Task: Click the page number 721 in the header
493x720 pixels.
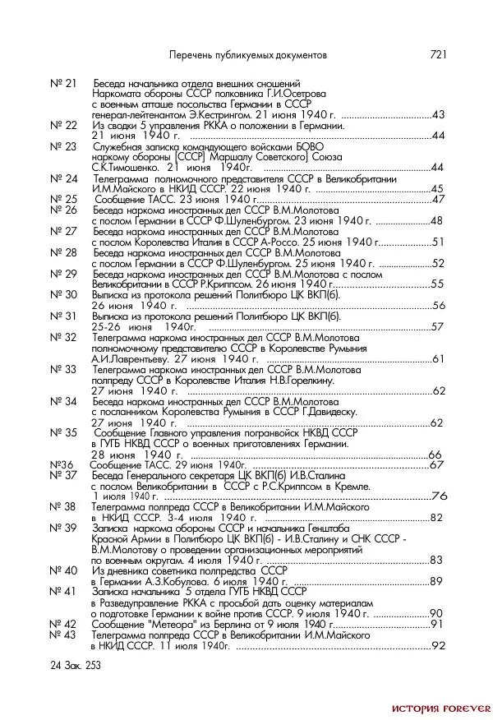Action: click(x=437, y=54)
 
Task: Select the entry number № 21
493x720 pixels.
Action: click(x=63, y=84)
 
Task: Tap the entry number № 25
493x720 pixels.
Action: click(x=63, y=200)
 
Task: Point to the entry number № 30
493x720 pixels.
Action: click(x=63, y=294)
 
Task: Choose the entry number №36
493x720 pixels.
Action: click(x=62, y=464)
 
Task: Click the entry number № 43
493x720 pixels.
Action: click(x=63, y=635)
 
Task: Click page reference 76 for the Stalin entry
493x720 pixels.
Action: click(x=439, y=496)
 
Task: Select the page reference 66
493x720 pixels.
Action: click(x=435, y=455)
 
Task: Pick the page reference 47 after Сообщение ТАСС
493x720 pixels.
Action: click(x=437, y=200)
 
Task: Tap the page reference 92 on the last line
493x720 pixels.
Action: click(x=437, y=646)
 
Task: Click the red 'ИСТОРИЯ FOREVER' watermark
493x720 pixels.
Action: click(x=440, y=708)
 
